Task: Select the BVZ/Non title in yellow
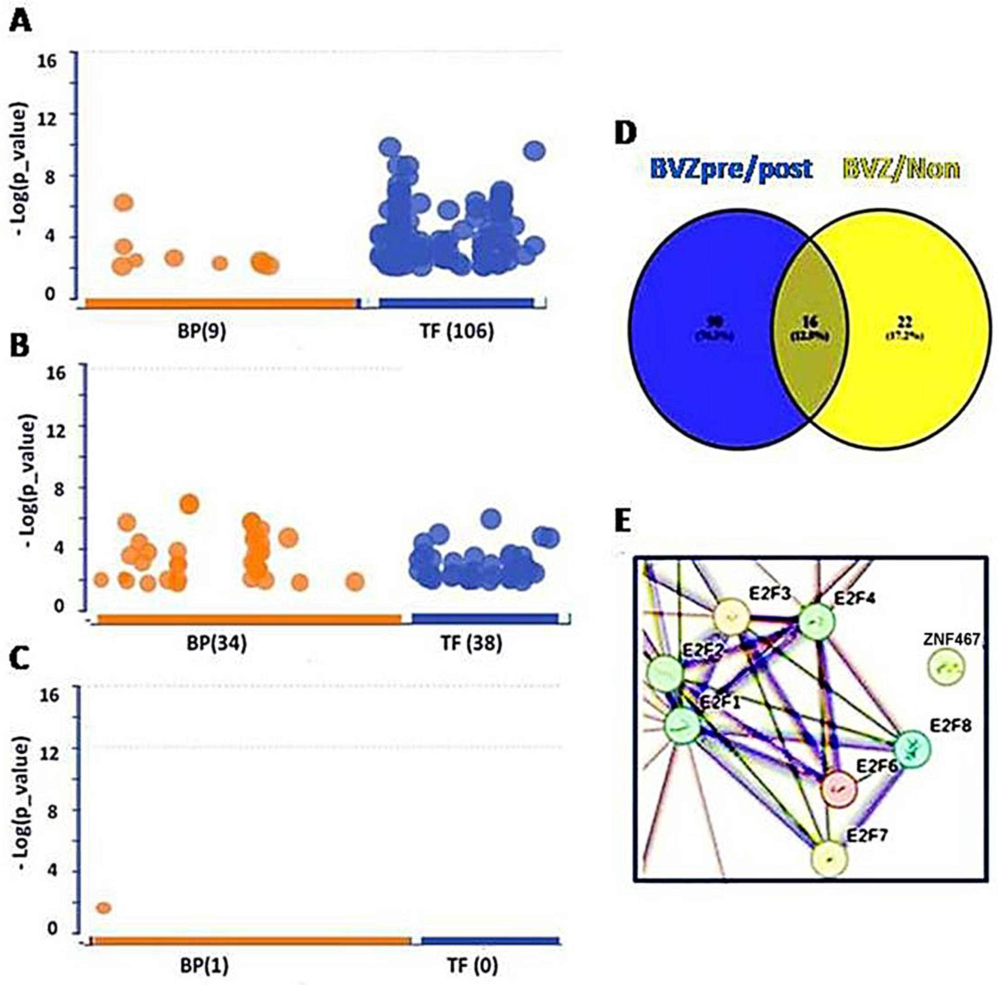[x=901, y=169]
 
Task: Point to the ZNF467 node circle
[x=947, y=668]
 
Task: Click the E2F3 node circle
[x=732, y=617]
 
